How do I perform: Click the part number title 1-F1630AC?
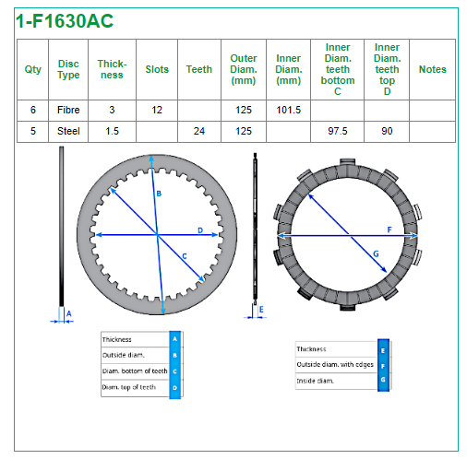pos(65,21)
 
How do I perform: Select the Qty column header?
pos(32,69)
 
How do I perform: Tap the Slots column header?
pos(157,69)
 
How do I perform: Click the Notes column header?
pos(432,69)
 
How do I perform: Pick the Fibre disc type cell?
pos(68,110)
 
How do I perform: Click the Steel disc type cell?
pos(68,131)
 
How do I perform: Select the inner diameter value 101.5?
pos(288,110)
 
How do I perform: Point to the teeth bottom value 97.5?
pos(338,131)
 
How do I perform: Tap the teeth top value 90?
pos(387,131)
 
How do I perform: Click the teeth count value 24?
pos(199,131)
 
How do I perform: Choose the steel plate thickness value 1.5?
pos(112,131)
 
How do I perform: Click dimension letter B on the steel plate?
pos(159,194)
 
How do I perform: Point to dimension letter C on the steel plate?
pos(185,256)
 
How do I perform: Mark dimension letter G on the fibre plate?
pos(376,254)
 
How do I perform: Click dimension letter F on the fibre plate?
pos(389,229)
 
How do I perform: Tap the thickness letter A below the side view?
pos(69,313)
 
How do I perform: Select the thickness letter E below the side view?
pos(261,310)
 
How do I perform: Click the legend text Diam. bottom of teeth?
pos(135,371)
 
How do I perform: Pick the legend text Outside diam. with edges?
pos(335,364)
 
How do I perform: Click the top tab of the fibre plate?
pos(348,162)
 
